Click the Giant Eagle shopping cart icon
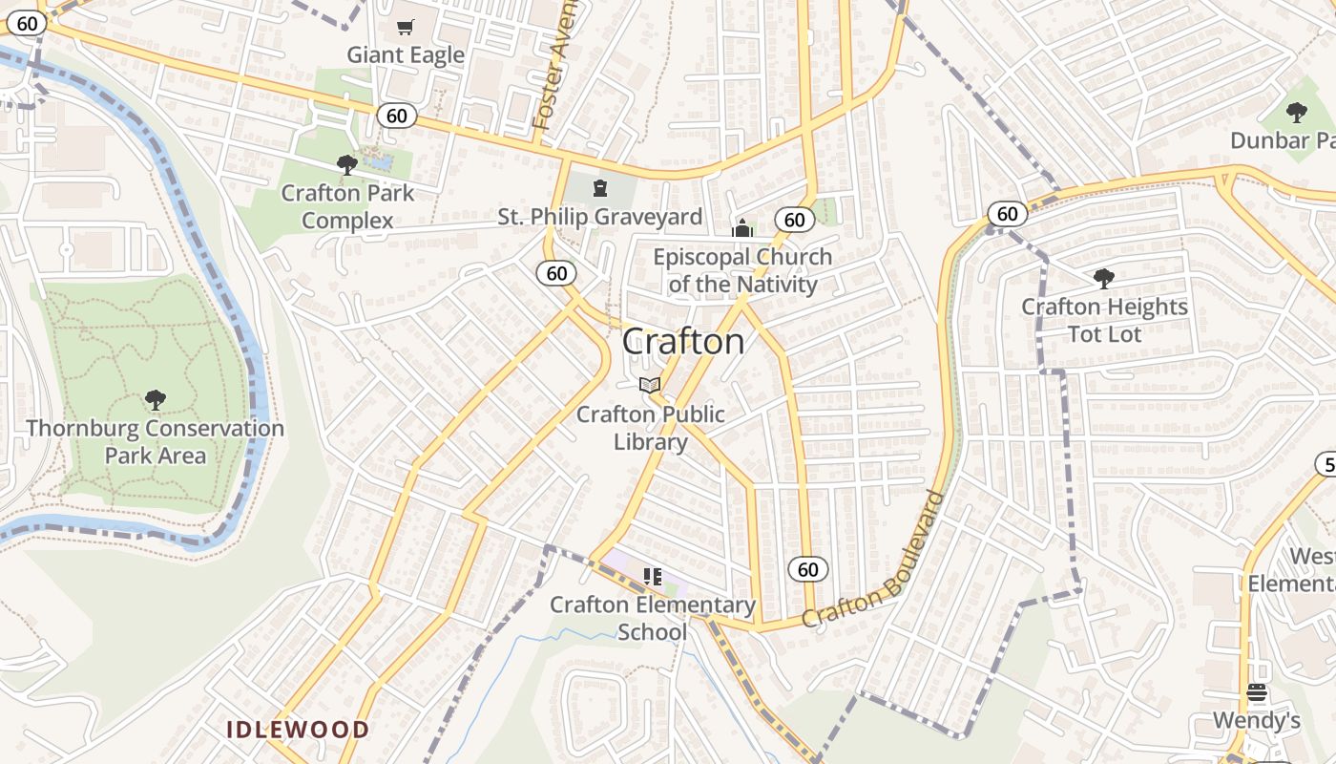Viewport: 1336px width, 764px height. pyautogui.click(x=406, y=27)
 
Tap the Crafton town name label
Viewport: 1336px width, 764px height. pyautogui.click(x=683, y=342)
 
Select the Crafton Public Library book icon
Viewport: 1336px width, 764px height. pyautogui.click(x=650, y=385)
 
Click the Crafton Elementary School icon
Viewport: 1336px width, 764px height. pyautogui.click(x=653, y=576)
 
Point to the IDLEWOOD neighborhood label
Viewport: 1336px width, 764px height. pyautogui.click(x=298, y=730)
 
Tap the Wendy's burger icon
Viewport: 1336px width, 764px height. pyautogui.click(x=1257, y=692)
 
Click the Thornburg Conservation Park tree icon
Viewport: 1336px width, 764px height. pyautogui.click(x=156, y=399)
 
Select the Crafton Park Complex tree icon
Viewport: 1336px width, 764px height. pyautogui.click(x=347, y=164)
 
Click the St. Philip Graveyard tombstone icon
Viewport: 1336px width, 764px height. pyautogui.click(x=600, y=188)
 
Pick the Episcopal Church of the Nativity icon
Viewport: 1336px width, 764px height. pyautogui.click(x=741, y=228)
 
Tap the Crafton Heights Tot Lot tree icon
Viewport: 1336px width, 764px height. pyautogui.click(x=1104, y=279)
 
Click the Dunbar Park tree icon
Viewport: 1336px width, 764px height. pyautogui.click(x=1296, y=113)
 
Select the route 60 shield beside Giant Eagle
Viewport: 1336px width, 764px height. pyautogui.click(x=396, y=116)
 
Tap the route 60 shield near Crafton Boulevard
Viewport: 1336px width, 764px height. pyautogui.click(x=807, y=570)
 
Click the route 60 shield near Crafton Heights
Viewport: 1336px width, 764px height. pyautogui.click(x=1008, y=214)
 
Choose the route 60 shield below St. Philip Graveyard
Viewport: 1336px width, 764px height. pyautogui.click(x=556, y=273)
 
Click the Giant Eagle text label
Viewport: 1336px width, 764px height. pyautogui.click(x=406, y=54)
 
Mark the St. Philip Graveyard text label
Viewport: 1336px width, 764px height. pyautogui.click(x=600, y=217)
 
